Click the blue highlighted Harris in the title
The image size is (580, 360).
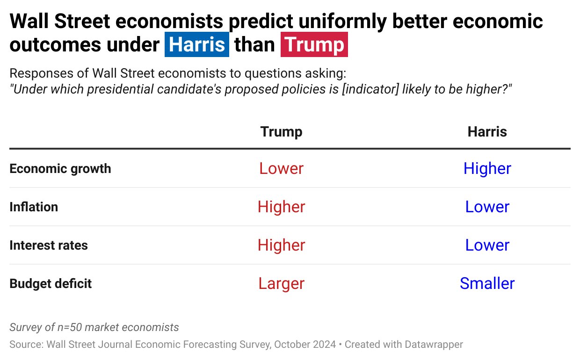(x=197, y=45)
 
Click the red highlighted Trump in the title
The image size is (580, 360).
(x=314, y=45)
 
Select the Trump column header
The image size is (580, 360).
(x=281, y=132)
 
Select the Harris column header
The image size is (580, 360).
(x=487, y=132)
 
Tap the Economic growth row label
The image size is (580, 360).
(x=60, y=168)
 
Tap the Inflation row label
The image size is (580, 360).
(x=34, y=207)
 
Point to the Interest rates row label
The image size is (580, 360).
(x=49, y=245)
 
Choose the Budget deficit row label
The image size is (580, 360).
(x=51, y=283)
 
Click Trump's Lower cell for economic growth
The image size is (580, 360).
(x=281, y=168)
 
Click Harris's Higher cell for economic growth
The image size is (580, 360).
(x=487, y=168)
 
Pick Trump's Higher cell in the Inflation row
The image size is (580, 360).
(x=281, y=207)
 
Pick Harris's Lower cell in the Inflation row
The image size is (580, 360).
(x=487, y=207)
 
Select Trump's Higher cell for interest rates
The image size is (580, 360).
(x=281, y=245)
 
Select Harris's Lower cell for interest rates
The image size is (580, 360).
(x=487, y=245)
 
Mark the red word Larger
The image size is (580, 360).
(x=281, y=283)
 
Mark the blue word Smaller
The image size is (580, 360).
(x=487, y=283)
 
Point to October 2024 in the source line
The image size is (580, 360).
(x=305, y=345)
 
